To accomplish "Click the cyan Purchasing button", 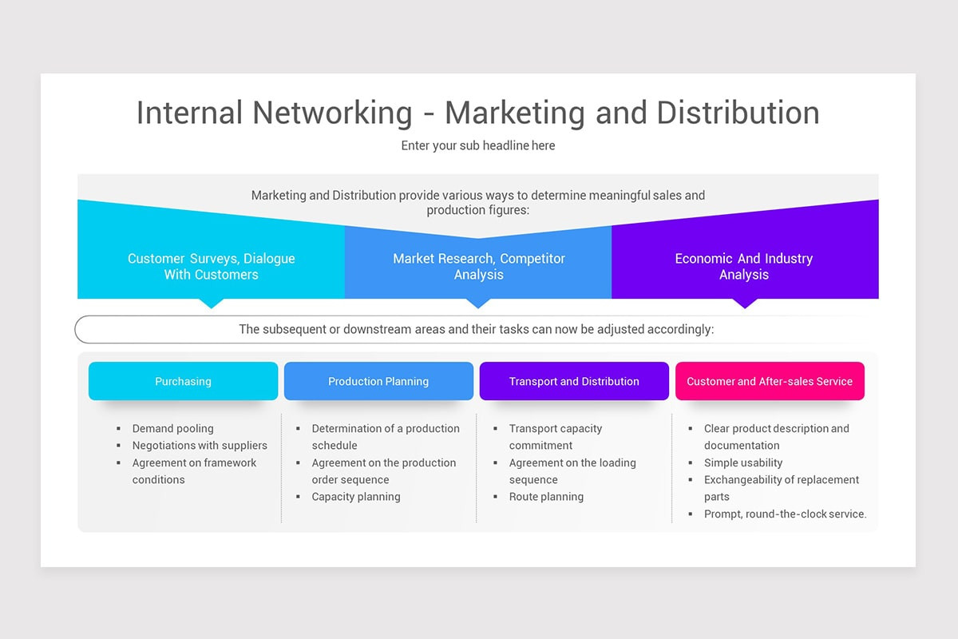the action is (183, 381).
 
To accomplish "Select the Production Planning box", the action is (378, 381).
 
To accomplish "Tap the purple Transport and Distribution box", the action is (574, 381).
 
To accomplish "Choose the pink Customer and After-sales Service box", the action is (770, 381).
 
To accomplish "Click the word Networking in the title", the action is (332, 113).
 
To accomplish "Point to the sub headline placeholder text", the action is (478, 145).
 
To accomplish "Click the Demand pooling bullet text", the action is (172, 428).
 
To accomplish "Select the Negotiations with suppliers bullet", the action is (200, 446).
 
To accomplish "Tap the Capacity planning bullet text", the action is (356, 497).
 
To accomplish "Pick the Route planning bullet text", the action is (546, 497).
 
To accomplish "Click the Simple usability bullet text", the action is (743, 462).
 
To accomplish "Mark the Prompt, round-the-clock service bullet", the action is (786, 514).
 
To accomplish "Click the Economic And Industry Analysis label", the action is (744, 266).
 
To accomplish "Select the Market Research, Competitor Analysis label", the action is (478, 266).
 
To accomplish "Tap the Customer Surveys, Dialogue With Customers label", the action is (212, 266).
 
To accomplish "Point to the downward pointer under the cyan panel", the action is (212, 304).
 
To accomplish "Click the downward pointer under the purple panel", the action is (745, 304).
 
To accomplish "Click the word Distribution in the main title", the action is (738, 113).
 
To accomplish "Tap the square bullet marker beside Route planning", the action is (495, 497).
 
